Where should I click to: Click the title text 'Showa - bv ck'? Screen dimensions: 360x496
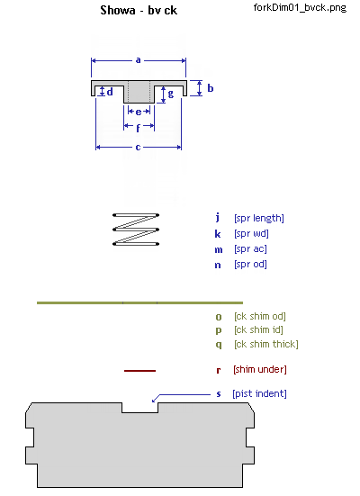(x=139, y=11)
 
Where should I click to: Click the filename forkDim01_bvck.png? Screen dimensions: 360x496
(x=300, y=7)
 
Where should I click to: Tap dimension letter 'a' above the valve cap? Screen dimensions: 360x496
(x=139, y=60)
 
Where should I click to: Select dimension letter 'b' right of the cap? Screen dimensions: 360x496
(x=211, y=88)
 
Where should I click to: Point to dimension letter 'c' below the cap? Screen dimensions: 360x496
(x=138, y=147)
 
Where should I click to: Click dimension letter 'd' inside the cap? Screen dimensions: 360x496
(x=110, y=92)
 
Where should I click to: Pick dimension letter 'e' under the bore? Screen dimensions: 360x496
(x=139, y=112)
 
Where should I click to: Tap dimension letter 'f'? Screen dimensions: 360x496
(x=139, y=128)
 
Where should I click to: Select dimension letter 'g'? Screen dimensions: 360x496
(x=171, y=94)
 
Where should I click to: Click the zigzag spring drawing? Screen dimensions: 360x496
(x=136, y=230)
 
